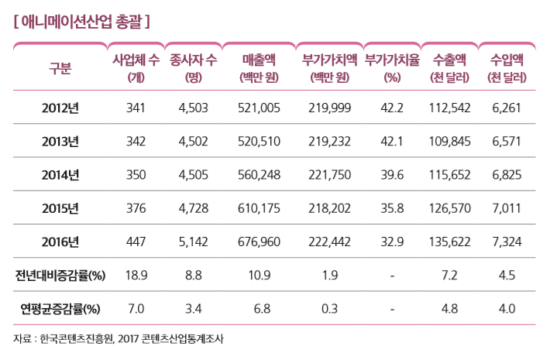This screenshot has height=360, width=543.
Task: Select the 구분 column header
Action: pyautogui.click(x=60, y=68)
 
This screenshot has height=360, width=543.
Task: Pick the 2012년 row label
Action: pyautogui.click(x=60, y=108)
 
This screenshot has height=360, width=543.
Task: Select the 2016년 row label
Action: pyautogui.click(x=60, y=242)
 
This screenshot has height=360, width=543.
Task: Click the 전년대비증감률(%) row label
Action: pyautogui.click(x=60, y=276)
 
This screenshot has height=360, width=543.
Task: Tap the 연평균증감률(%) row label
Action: pyautogui.click(x=60, y=310)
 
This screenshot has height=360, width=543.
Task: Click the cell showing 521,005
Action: pyautogui.click(x=260, y=108)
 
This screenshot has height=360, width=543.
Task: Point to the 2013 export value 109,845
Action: pyautogui.click(x=449, y=142)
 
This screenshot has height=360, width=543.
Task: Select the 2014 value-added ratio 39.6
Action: pyautogui.click(x=392, y=175)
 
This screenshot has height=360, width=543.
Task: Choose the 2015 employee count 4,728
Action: pyautogui.click(x=193, y=209)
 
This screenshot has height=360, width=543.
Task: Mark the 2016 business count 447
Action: pyautogui.click(x=136, y=242)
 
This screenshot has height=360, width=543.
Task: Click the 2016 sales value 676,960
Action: pyautogui.click(x=260, y=242)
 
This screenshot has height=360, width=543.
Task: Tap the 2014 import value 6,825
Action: pyautogui.click(x=507, y=175)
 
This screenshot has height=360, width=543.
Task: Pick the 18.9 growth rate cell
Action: pyautogui.click(x=136, y=276)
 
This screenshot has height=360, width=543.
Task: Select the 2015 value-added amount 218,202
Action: pyautogui.click(x=328, y=209)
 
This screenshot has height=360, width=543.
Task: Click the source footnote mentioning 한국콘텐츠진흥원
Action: pyautogui.click(x=117, y=338)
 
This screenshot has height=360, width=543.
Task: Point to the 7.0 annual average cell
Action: pyautogui.click(x=136, y=310)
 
